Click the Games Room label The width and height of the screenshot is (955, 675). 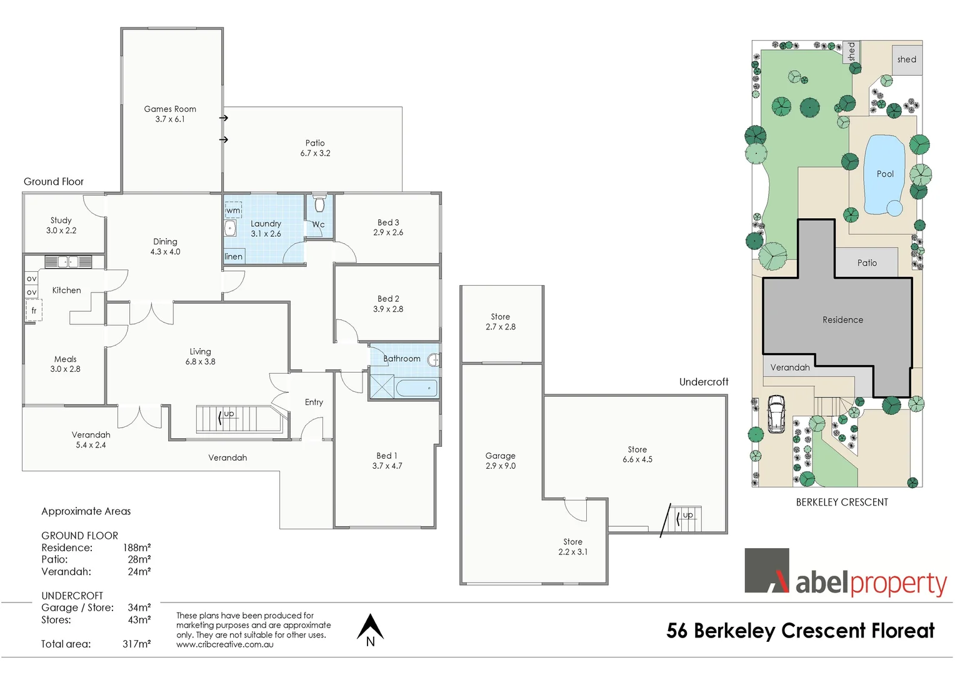[x=170, y=109]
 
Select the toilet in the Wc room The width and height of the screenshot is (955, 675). [x=320, y=204]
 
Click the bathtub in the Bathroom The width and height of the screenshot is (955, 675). [x=416, y=387]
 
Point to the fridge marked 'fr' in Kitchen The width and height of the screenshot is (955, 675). [x=34, y=311]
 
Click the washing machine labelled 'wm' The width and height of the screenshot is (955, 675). [x=232, y=211]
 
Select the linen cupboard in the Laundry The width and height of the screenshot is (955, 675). [x=234, y=256]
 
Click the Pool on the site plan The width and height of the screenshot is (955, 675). [x=884, y=174]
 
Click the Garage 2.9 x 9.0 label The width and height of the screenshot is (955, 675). [x=501, y=461]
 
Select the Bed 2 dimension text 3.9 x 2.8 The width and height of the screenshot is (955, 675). [x=388, y=309]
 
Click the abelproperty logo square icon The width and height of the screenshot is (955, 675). [x=767, y=571]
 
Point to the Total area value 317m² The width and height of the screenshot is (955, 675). [x=136, y=644]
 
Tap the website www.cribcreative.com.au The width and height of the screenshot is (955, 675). [x=225, y=644]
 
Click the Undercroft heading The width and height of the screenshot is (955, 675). [x=704, y=382]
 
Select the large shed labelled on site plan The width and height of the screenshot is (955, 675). [x=906, y=60]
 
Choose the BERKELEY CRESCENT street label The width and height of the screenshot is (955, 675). [x=841, y=502]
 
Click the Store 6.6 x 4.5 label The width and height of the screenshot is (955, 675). [x=637, y=454]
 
